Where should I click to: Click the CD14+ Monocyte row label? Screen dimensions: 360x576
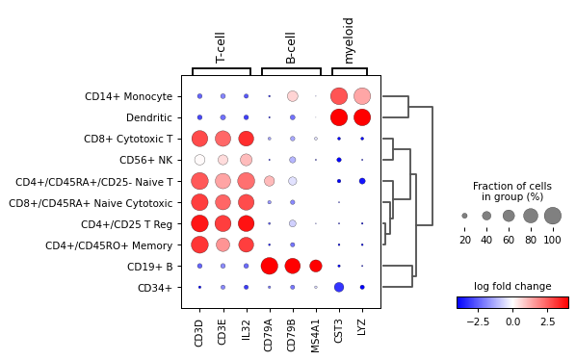[128, 96]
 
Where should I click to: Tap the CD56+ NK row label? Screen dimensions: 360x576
[145, 160]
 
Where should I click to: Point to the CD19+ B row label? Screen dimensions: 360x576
[147, 266]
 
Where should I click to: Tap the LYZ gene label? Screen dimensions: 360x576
[362, 327]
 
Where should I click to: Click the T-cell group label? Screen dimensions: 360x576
[221, 47]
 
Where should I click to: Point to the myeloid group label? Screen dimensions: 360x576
[349, 40]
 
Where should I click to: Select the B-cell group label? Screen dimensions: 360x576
[291, 47]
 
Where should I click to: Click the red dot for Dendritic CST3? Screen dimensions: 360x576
[339, 117]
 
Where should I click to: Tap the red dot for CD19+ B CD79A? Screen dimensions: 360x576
[270, 266]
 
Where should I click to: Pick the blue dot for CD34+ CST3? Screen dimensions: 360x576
[339, 287]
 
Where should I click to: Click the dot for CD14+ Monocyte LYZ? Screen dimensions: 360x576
[362, 96]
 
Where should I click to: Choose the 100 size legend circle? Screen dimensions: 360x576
[552, 216]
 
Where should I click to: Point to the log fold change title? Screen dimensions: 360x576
[512, 286]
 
